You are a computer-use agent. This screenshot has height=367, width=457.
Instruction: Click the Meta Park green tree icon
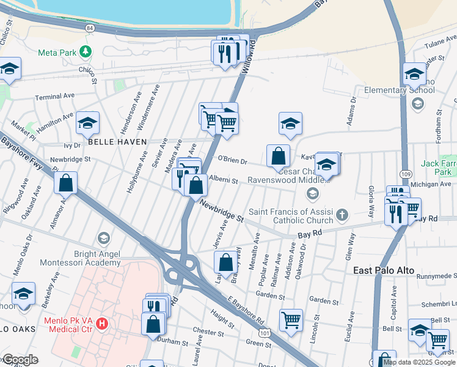pyautogui.click(x=87, y=51)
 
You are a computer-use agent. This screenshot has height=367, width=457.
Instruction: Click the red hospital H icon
pyautogui.click(x=103, y=322)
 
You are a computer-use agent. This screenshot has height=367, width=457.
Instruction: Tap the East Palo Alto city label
pyautogui.click(x=384, y=270)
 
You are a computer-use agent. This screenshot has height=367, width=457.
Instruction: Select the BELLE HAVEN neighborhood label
pyautogui.click(x=117, y=141)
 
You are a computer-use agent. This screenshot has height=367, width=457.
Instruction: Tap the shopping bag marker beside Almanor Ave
pyautogui.click(x=65, y=182)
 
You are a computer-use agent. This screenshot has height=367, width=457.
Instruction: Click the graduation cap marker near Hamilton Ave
pyautogui.click(x=87, y=123)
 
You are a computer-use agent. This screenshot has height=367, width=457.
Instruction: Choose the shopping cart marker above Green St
pyautogui.click(x=291, y=319)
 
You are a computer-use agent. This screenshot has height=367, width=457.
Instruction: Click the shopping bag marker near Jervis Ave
pyautogui.click(x=225, y=262)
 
